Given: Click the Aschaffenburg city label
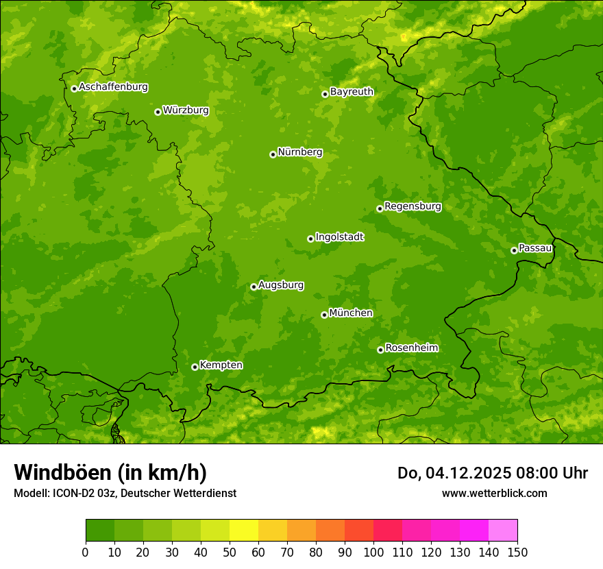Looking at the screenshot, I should (113, 87).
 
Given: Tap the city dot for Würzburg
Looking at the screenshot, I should (158, 112).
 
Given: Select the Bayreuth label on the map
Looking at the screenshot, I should (352, 92).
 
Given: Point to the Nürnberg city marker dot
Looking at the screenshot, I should (273, 154).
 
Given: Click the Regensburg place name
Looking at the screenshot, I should (413, 206).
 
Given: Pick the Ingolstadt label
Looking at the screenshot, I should (339, 237).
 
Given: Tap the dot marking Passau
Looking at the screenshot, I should (514, 250).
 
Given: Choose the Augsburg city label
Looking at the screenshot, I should (281, 285).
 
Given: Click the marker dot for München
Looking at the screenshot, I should (324, 315).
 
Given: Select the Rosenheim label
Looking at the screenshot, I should (411, 348).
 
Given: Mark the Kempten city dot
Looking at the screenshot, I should (195, 367).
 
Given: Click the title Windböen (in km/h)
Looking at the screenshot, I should (110, 472).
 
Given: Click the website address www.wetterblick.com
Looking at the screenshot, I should (494, 493).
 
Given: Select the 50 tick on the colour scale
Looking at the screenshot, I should (230, 553).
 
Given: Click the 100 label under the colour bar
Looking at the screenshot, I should (373, 553).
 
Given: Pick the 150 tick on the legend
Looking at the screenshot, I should (517, 553).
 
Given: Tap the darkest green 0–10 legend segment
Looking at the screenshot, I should (100, 530).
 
